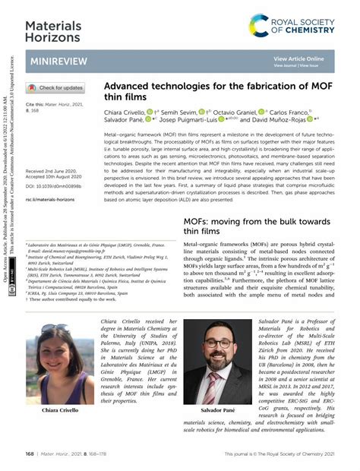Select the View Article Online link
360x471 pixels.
[298, 58]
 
